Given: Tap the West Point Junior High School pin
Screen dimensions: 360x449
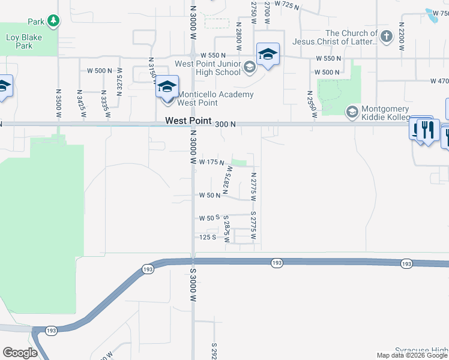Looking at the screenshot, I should pos(268,55).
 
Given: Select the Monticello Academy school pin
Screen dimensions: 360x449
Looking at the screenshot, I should pos(167,88).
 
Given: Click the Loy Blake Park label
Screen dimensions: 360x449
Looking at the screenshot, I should pos(19,41).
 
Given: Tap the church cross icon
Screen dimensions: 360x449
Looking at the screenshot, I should pos(386,37).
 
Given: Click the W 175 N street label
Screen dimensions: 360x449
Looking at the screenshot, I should pos(212,163).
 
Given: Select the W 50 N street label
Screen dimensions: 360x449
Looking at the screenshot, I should pos(210,196).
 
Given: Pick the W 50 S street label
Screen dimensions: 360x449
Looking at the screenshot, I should pos(209,218).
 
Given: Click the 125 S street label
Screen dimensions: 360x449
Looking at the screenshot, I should pos(207,238).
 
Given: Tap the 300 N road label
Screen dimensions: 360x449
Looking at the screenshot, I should pos(225,124).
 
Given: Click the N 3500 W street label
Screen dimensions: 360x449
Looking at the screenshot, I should pos(58,103).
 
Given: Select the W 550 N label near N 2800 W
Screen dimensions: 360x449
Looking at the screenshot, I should pos(212,55).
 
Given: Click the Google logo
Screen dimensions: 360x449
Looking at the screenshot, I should pos(20,353).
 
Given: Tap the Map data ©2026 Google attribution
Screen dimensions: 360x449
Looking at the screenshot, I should pos(412,355).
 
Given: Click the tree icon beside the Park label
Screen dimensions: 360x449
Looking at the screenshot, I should pos(54,22).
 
